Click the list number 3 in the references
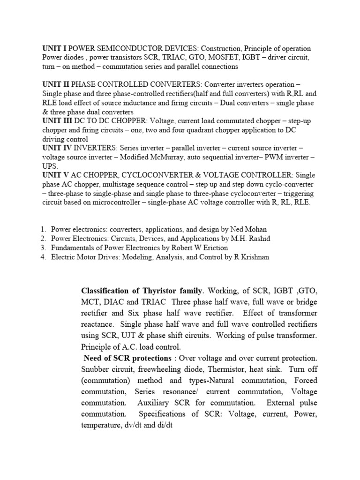(42, 247)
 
